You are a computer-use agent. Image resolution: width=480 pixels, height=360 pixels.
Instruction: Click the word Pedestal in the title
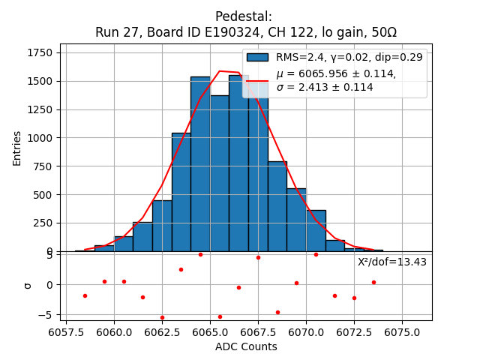pos(243,16)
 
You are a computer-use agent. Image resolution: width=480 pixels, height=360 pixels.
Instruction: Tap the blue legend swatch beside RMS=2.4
pos(257,57)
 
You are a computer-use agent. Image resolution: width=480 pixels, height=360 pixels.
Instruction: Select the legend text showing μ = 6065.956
pos(336,73)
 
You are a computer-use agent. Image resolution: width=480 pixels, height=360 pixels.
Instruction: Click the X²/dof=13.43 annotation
pos(391,262)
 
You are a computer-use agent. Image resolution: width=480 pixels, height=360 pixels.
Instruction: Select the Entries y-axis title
pos(17,148)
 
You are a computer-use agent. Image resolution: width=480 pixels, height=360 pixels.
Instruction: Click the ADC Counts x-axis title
pos(246,346)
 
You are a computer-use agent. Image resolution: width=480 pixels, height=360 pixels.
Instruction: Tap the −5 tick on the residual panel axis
pos(46,314)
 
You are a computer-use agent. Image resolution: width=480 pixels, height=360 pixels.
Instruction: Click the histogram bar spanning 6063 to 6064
pos(181,192)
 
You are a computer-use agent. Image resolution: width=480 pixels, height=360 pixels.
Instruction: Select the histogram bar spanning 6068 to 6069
pos(277,206)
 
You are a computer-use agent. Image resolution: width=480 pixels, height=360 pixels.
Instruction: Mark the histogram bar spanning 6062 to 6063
pos(162,226)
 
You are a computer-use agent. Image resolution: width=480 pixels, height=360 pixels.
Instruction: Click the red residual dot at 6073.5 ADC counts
pos(373,282)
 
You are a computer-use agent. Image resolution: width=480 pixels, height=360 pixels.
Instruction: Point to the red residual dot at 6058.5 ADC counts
pos(85,295)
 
